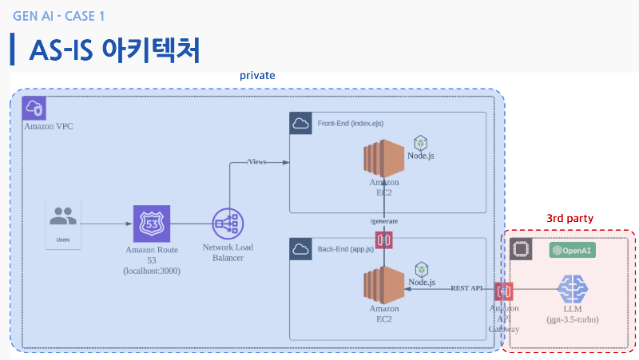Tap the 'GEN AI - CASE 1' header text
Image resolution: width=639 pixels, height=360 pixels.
click(x=59, y=16)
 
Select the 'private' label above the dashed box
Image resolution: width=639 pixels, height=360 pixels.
click(x=257, y=75)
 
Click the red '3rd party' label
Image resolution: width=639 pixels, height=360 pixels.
click(x=570, y=217)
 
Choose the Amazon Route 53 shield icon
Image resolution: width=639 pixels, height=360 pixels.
click(x=152, y=223)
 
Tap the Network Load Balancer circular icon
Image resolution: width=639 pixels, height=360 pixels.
click(x=228, y=224)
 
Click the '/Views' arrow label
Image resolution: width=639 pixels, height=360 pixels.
click(x=257, y=162)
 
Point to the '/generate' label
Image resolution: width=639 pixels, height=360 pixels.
click(x=383, y=221)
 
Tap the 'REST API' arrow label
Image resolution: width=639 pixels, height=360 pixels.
click(x=467, y=287)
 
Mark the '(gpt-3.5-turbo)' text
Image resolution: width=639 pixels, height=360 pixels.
click(x=572, y=319)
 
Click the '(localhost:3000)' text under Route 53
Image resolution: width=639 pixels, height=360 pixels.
click(x=152, y=271)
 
